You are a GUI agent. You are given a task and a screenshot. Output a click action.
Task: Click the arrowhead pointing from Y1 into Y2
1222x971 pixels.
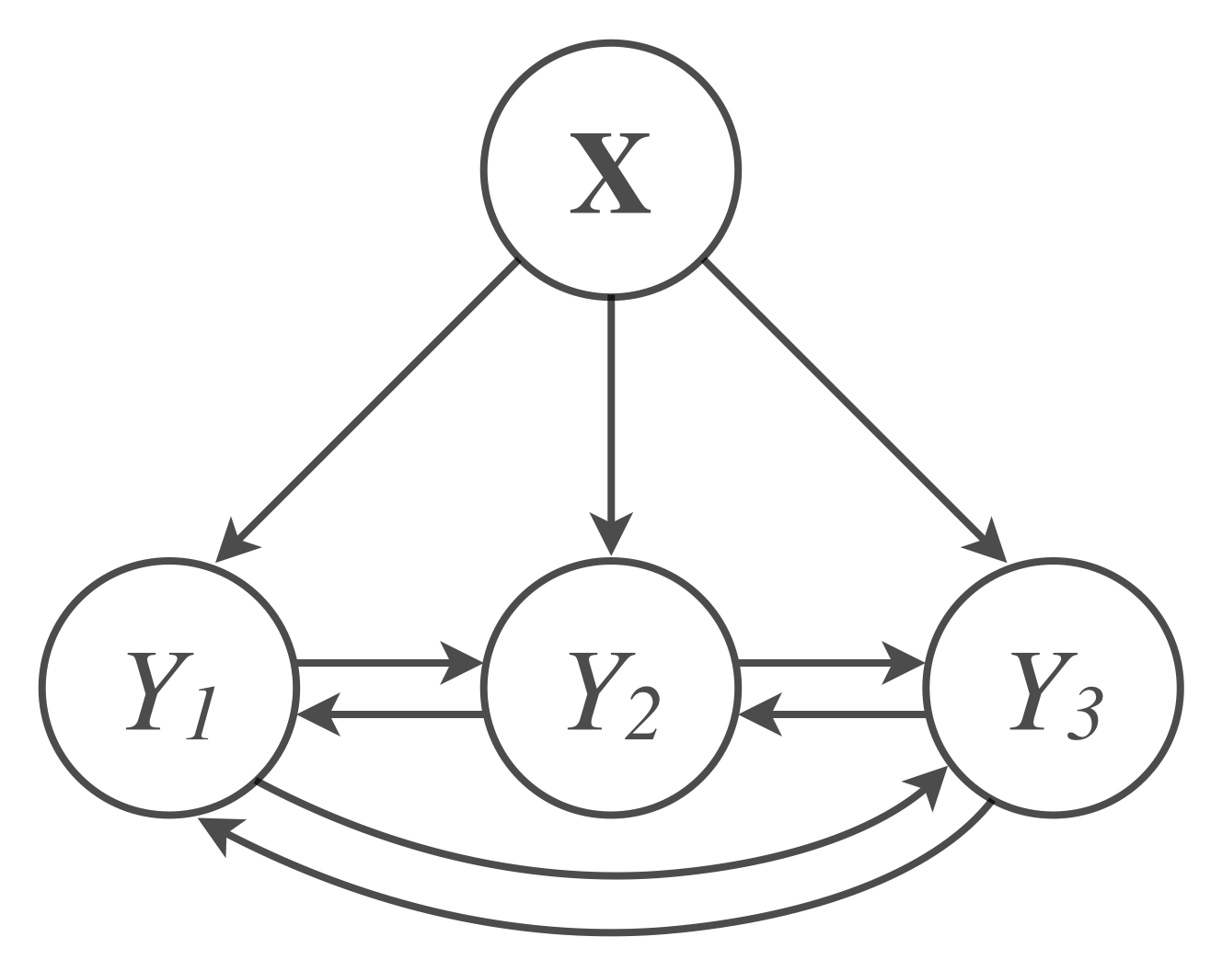tap(462, 662)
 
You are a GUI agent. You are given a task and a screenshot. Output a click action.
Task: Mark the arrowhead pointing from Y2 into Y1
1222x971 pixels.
tap(318, 714)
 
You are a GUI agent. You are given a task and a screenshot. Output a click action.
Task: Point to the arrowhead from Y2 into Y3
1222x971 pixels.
tap(904, 662)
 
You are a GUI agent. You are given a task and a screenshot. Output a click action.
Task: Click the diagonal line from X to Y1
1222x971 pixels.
tap(377, 400)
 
